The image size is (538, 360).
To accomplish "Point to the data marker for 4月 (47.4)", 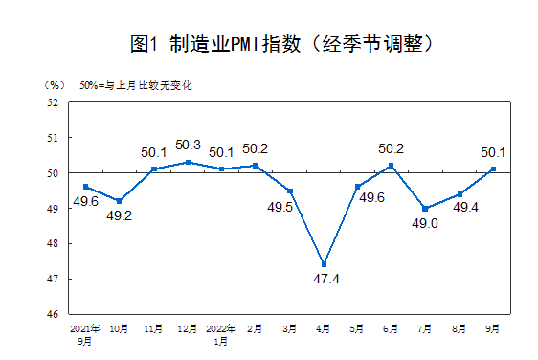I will pos(324,264).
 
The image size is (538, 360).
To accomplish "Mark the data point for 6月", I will pos(392,166).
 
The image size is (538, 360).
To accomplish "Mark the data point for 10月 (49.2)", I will pos(119,201).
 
